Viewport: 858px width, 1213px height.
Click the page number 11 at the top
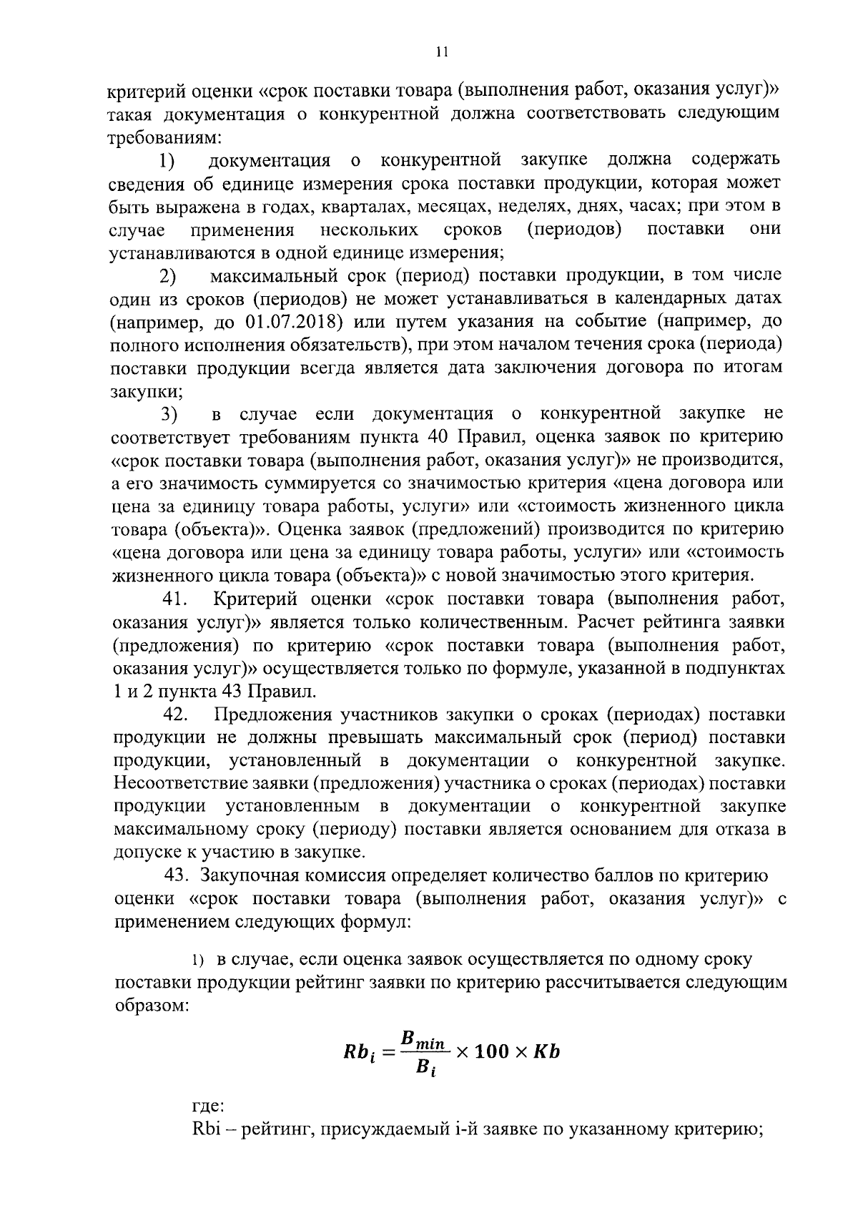click(x=442, y=51)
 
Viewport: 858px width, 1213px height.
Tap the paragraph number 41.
click(x=175, y=599)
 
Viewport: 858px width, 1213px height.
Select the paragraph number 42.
click(x=176, y=714)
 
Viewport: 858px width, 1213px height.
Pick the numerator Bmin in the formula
click(x=425, y=1039)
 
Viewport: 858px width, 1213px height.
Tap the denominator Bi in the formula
click(x=423, y=1071)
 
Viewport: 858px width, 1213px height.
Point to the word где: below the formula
click(x=208, y=1106)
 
